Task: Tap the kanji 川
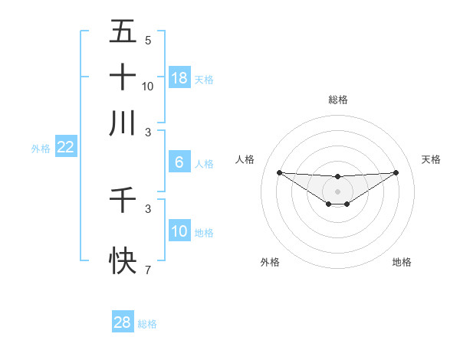pos(123,123)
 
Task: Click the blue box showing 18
pos(179,78)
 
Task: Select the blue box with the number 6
pos(179,162)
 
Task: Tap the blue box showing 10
pos(179,231)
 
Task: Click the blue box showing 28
pos(123,322)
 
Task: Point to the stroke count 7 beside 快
pos(147,270)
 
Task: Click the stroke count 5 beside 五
pos(147,41)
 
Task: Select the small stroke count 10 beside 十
pos(148,87)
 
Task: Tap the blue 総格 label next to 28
pos(147,324)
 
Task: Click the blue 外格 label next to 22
pos(41,149)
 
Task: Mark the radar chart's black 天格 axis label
pos(432,159)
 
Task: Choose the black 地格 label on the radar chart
pos(402,262)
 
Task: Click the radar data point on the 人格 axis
pos(279,172)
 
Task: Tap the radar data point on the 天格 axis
pos(396,172)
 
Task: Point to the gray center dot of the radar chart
pos(337,191)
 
